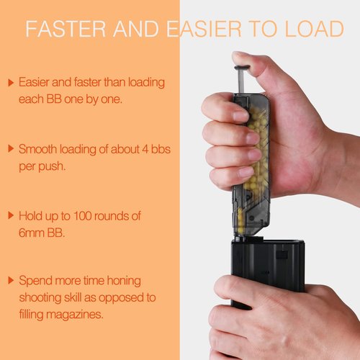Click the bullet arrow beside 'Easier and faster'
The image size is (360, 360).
point(11,83)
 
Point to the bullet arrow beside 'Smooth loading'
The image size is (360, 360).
point(11,149)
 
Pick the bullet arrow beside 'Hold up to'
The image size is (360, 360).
point(11,215)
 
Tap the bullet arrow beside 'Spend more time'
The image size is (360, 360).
point(11,280)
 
